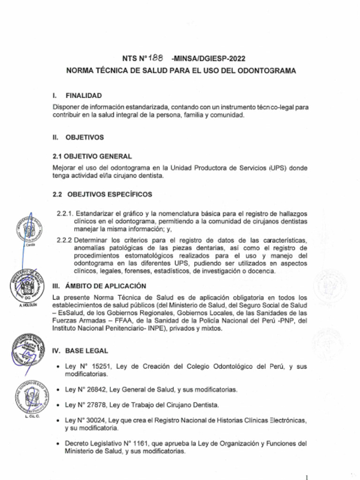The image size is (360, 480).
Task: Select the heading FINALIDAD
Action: pos(83,96)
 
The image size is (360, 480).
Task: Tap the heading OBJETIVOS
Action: pos(84,138)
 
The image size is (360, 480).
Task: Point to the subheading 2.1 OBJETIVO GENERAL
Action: pos(92,157)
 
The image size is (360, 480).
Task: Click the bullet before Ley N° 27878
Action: pos(57,405)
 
